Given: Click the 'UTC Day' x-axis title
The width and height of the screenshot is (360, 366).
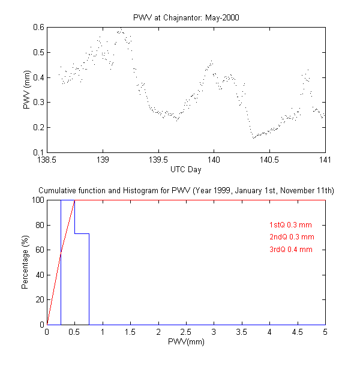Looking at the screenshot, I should point(185,170).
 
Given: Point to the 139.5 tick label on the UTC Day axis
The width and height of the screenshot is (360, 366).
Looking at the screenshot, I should point(158,160).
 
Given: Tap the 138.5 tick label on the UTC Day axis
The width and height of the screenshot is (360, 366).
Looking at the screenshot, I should point(47,160).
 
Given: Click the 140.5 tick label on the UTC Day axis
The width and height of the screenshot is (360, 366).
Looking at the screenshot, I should point(269,160).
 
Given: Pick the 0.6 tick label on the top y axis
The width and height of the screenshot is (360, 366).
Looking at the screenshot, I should point(38,27).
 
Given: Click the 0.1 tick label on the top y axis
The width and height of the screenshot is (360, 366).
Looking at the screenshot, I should point(38,152).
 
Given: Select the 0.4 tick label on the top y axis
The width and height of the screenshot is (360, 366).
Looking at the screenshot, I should point(38,77).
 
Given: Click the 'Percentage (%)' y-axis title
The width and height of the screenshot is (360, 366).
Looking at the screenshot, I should point(25,262).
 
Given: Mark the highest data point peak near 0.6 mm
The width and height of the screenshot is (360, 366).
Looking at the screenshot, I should point(121,28).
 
